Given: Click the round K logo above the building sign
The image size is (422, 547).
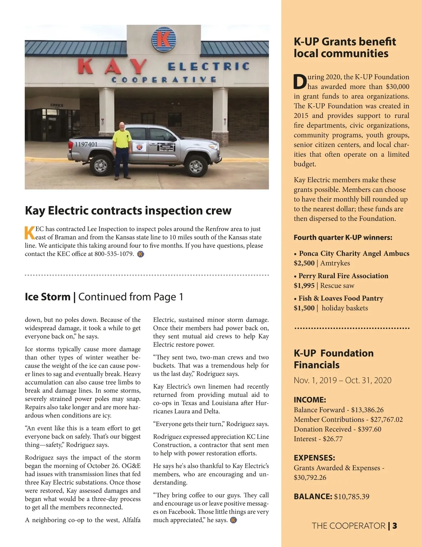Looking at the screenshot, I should point(163,39).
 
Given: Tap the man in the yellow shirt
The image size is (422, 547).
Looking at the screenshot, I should point(122,150).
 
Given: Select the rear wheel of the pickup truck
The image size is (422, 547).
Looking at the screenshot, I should point(101,164).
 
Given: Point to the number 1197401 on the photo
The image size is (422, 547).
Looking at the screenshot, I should point(86,144).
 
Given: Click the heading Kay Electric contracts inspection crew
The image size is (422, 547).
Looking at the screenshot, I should point(128,211).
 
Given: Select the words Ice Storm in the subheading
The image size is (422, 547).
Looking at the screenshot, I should point(47,297).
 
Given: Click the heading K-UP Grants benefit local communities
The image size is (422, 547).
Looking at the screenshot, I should point(345,48).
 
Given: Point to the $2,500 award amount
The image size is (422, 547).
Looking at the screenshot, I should point(304,263).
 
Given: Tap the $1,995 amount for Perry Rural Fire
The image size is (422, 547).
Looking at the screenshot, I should point(304,286).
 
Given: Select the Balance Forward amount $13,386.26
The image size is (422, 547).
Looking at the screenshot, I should point(367,410).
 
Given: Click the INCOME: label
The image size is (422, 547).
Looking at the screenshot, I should point(310,400).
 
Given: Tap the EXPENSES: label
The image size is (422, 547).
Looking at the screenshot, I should point(314,458).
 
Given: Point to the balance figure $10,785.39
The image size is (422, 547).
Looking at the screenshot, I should point(352,497).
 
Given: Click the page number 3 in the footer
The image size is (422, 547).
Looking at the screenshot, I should point(395,526).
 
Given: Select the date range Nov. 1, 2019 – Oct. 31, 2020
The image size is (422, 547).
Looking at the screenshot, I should point(343,380).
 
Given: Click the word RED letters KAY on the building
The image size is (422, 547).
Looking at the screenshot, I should point(112,67).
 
